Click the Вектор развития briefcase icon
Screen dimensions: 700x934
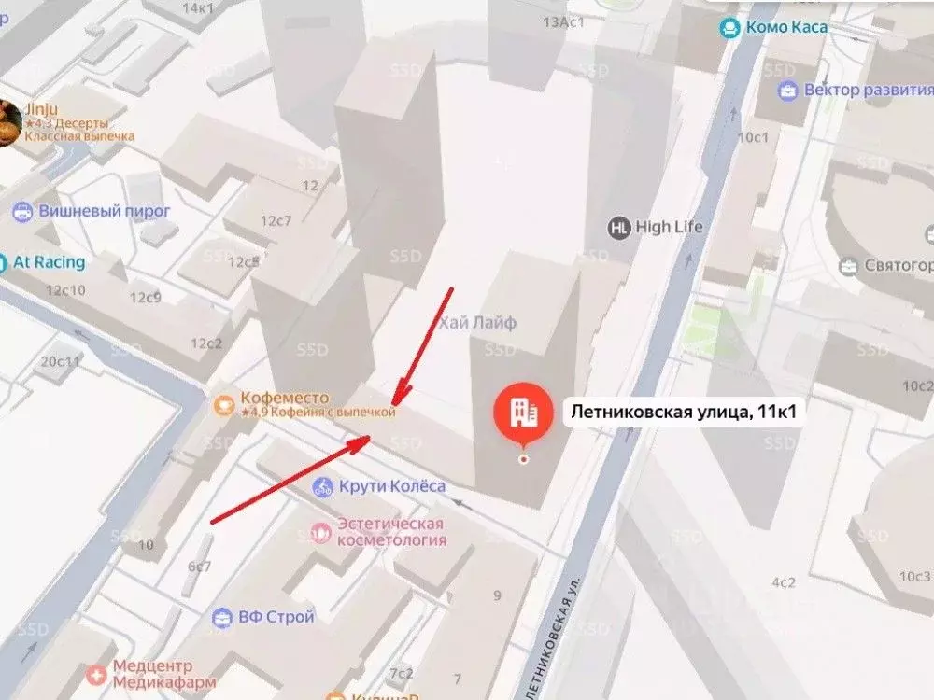(789, 91)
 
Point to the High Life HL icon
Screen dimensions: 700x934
(618, 227)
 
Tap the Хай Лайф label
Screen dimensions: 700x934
(478, 322)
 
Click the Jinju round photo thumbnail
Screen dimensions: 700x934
(8, 121)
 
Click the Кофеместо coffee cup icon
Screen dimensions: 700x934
(224, 404)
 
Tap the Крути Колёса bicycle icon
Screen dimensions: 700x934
(323, 486)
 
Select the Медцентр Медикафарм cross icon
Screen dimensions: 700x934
(96, 674)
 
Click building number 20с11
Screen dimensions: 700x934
(62, 361)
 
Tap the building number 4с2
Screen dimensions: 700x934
(782, 582)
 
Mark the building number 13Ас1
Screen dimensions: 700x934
(563, 21)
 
